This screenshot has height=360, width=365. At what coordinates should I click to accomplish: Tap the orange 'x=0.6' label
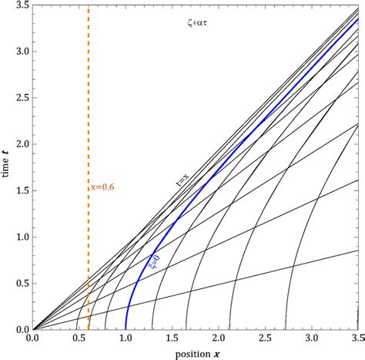pyautogui.click(x=102, y=187)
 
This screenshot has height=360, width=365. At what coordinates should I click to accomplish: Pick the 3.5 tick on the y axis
pyautogui.click(x=21, y=6)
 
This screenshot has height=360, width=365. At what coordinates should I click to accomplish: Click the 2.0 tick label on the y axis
pyautogui.click(x=21, y=144)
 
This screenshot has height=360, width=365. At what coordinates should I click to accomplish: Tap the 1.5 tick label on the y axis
pyautogui.click(x=21, y=190)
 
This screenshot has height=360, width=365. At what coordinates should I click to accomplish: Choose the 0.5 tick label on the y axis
pyautogui.click(x=21, y=283)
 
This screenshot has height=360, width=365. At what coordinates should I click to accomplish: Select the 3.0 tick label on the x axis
pyautogui.click(x=311, y=337)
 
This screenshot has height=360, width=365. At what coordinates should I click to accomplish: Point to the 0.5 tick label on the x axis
pyautogui.click(x=79, y=337)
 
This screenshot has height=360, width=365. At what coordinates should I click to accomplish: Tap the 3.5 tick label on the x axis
pyautogui.click(x=356, y=337)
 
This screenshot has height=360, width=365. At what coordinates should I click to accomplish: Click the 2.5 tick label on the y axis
pyautogui.click(x=21, y=98)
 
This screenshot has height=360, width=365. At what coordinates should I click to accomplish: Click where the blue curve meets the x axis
pyautogui.click(x=126, y=328)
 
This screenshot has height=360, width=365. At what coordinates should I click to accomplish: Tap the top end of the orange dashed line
pyautogui.click(x=89, y=7)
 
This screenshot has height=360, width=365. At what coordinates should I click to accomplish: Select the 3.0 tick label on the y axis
pyautogui.click(x=21, y=52)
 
